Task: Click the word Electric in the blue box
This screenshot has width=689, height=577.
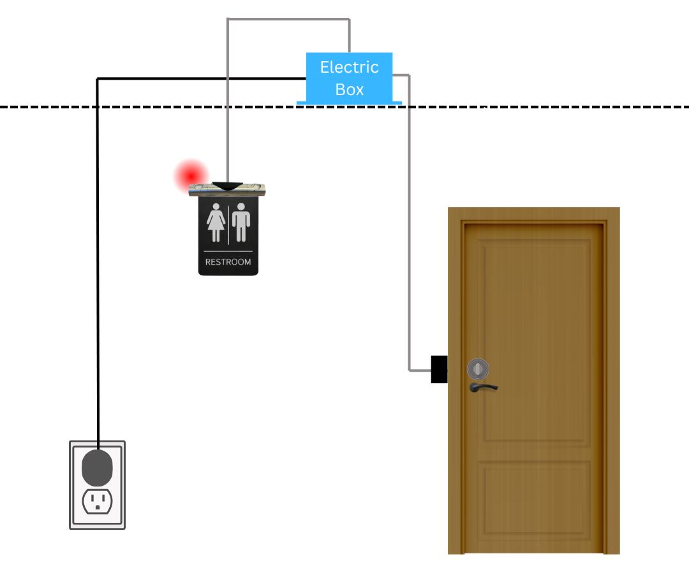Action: [x=349, y=67]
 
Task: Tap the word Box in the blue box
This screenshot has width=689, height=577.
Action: [x=349, y=89]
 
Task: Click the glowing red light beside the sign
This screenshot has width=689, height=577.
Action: [x=191, y=174]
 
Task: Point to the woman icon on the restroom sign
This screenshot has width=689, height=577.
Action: [x=216, y=223]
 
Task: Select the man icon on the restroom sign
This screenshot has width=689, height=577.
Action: [x=241, y=223]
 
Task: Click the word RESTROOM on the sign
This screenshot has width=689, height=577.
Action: [x=228, y=262]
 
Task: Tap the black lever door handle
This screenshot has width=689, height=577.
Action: [x=483, y=386]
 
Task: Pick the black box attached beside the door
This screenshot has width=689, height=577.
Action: [x=439, y=369]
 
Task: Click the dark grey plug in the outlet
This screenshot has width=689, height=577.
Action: [x=97, y=468]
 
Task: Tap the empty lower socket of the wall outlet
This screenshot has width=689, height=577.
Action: [x=97, y=501]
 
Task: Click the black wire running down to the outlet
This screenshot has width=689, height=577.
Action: [x=97, y=255]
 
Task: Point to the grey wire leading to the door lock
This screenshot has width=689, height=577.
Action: [x=409, y=223]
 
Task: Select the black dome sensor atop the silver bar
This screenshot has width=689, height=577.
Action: [x=227, y=185]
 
